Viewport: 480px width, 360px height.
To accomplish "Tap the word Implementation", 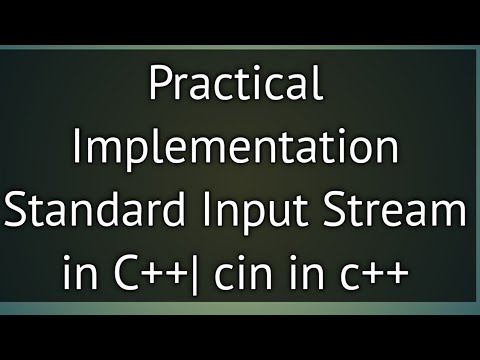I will pyautogui.click(x=237, y=150).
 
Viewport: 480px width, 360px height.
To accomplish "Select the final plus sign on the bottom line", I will pyautogui.click(x=397, y=271).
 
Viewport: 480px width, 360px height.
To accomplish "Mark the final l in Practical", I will pyautogui.click(x=318, y=86).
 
